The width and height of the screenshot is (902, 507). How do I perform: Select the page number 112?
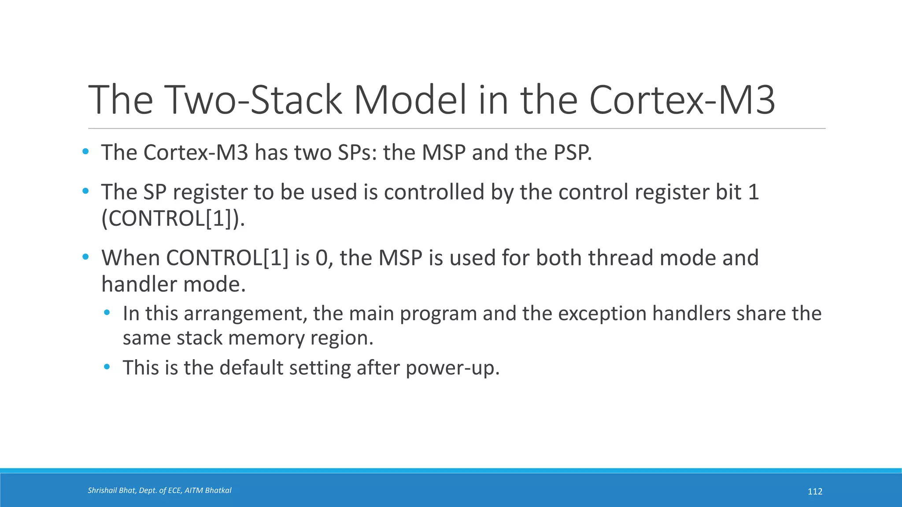[x=815, y=492]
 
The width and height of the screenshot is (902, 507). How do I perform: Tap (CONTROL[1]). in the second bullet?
[x=173, y=218]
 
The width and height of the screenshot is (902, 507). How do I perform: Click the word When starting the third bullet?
[x=130, y=258]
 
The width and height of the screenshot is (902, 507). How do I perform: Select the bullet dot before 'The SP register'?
[x=85, y=191]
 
